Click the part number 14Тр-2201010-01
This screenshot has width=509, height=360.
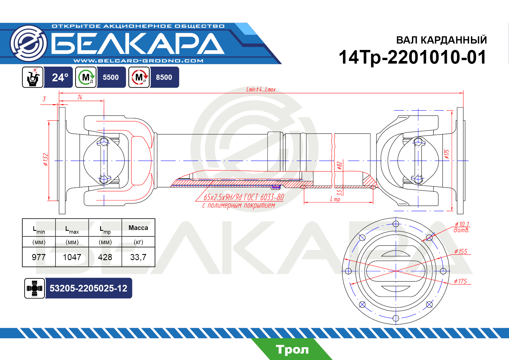click(412, 57)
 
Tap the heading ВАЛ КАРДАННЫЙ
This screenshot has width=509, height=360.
click(441, 40)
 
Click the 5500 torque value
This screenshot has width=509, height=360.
click(111, 77)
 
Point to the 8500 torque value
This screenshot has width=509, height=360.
click(164, 77)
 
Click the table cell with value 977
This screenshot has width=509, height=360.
click(39, 257)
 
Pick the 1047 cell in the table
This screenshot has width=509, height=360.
click(72, 257)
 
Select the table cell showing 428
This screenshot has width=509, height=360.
click(105, 257)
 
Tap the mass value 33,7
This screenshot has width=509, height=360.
click(138, 257)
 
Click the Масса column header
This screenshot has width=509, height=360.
click(138, 228)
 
